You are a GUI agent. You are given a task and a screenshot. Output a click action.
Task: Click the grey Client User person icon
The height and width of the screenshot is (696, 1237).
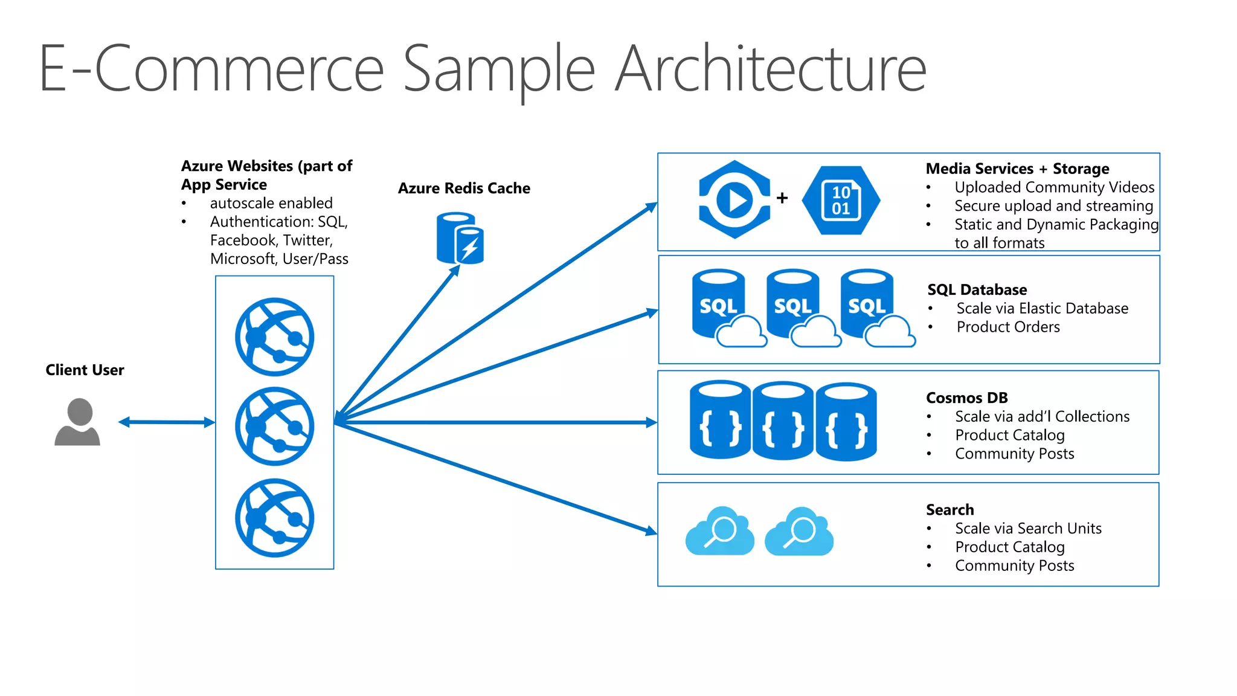pyautogui.click(x=77, y=422)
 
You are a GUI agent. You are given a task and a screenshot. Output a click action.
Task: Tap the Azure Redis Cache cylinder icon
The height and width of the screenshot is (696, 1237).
pyautogui.click(x=460, y=238)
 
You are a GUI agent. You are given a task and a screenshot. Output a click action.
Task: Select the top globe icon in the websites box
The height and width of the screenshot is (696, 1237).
pyautogui.click(x=275, y=337)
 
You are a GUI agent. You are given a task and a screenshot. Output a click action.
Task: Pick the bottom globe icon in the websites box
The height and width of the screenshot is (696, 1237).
pyautogui.click(x=275, y=518)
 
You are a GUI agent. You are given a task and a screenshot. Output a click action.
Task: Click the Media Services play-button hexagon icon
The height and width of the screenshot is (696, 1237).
pyautogui.click(x=734, y=199)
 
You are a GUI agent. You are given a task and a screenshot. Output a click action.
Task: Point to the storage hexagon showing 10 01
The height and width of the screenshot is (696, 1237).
pyautogui.click(x=841, y=201)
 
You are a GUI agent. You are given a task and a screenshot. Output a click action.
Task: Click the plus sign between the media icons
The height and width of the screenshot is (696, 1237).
pyautogui.click(x=782, y=198)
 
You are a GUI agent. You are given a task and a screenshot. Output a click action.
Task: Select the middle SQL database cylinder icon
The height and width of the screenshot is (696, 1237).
pyautogui.click(x=793, y=305)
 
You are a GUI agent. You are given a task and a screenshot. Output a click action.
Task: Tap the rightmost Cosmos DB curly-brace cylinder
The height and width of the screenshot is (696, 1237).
pyautogui.click(x=846, y=421)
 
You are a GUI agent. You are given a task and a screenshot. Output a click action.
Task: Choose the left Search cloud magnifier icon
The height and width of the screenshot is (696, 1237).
pyautogui.click(x=720, y=531)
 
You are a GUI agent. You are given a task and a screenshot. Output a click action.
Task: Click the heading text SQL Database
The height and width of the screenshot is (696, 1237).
pyautogui.click(x=977, y=289)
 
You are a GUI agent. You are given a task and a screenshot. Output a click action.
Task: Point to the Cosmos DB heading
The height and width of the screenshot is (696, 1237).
pyautogui.click(x=966, y=398)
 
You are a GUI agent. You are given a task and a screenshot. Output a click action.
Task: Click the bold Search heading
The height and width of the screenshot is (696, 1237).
pyautogui.click(x=949, y=509)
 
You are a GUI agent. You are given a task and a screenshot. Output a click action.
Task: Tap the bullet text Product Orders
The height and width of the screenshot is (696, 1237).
pyautogui.click(x=1007, y=327)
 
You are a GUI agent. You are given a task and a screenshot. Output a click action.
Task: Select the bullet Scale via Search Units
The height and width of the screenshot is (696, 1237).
pyautogui.click(x=1027, y=528)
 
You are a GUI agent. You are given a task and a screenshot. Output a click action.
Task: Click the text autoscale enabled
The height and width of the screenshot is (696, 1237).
pyautogui.click(x=271, y=203)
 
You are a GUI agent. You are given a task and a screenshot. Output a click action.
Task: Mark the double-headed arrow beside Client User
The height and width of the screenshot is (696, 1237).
pyautogui.click(x=167, y=422)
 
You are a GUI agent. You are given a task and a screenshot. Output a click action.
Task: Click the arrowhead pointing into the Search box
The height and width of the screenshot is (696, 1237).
pyautogui.click(x=651, y=532)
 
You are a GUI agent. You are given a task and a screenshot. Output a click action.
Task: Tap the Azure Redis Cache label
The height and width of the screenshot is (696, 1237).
pyautogui.click(x=464, y=188)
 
